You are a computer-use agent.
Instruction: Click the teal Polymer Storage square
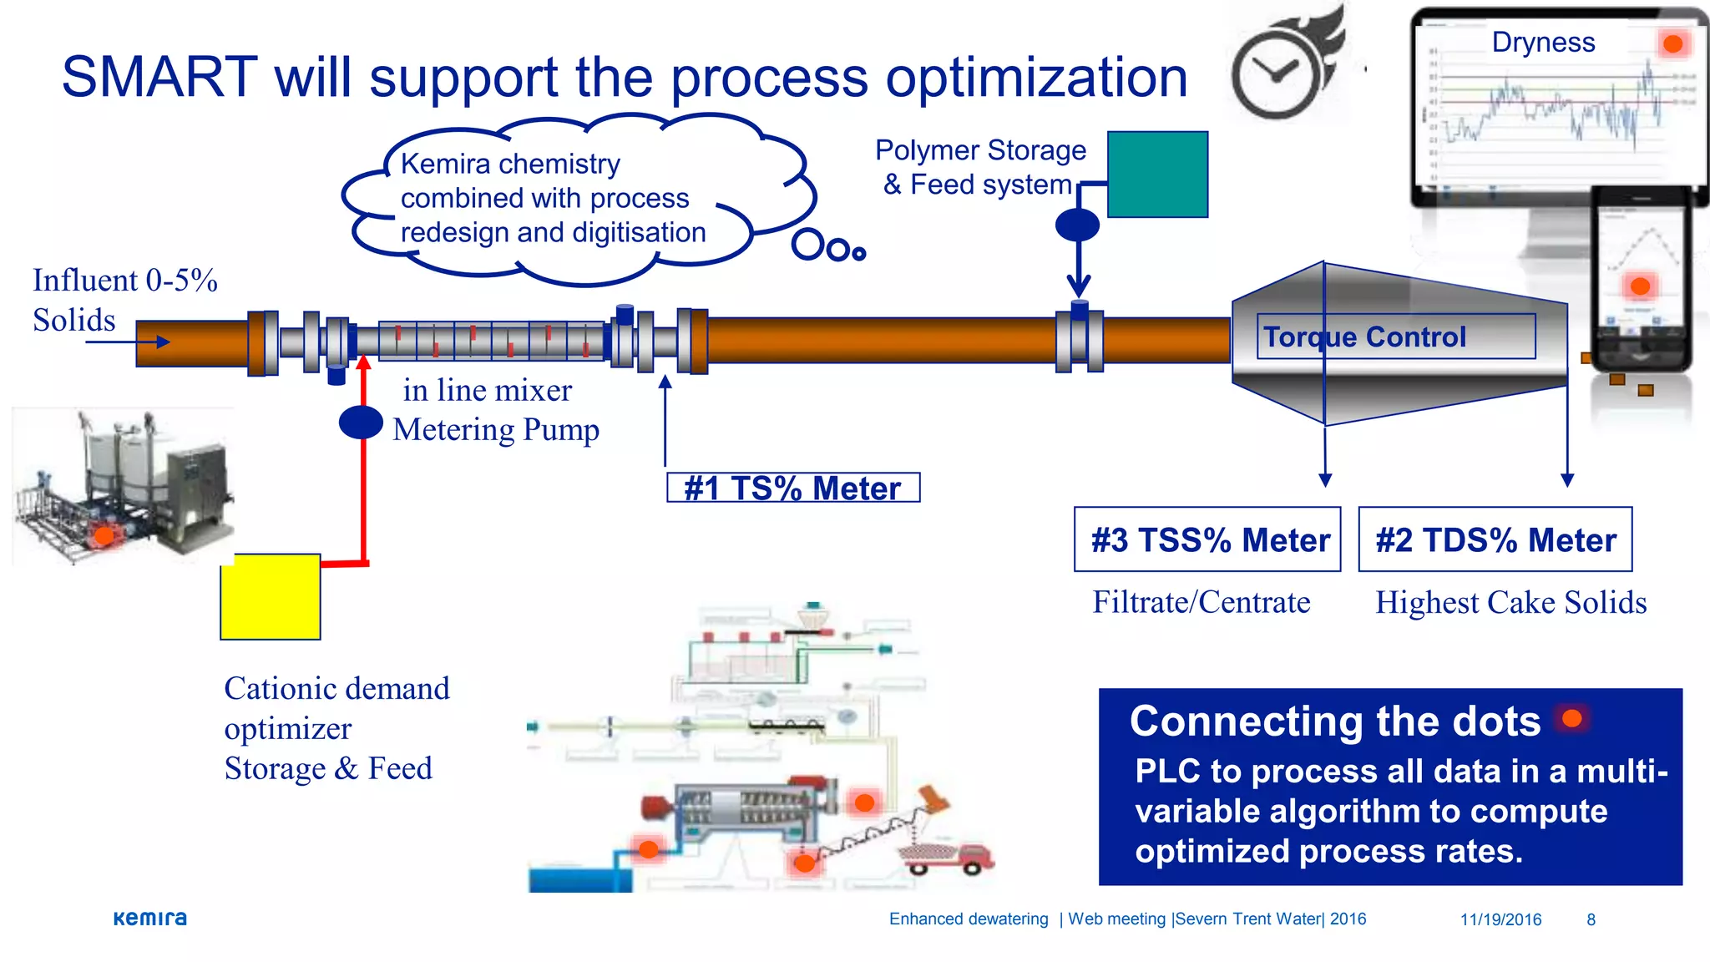click(1157, 174)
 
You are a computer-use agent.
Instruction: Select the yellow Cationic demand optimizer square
click(271, 596)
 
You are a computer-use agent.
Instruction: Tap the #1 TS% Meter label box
click(793, 488)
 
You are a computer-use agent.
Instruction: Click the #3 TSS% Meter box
click(1207, 539)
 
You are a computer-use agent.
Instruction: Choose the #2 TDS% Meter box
click(1495, 539)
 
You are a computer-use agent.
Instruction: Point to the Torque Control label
click(1364, 337)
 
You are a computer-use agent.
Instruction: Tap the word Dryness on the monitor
click(1543, 42)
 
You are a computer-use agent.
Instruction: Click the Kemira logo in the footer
click(150, 919)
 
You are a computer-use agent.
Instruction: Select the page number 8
click(1591, 919)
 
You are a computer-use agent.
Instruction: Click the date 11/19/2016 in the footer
click(1500, 919)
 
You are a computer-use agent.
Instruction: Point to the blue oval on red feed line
click(361, 423)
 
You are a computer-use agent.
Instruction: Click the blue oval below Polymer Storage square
click(1077, 225)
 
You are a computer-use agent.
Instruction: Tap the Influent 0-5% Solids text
click(125, 300)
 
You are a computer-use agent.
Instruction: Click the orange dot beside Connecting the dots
click(1572, 718)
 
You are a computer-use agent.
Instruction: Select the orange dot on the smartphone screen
click(1640, 286)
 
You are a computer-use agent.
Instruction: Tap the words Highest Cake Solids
click(1510, 602)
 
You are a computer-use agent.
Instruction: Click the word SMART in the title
click(159, 77)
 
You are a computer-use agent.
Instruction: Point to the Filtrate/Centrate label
click(1201, 602)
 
